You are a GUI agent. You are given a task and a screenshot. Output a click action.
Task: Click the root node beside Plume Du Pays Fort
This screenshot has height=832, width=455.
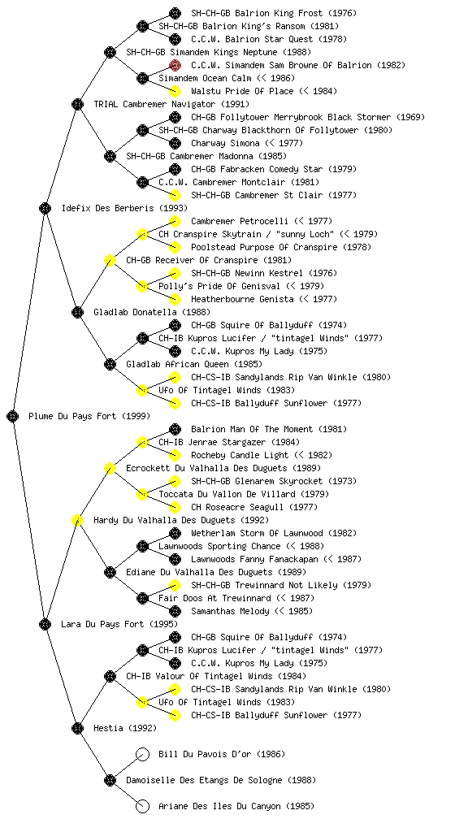pos(13,416)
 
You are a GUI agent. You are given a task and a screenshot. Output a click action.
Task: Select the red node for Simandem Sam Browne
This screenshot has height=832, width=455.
pos(175,65)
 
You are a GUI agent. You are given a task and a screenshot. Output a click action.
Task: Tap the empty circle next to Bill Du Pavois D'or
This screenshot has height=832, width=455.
pos(142,754)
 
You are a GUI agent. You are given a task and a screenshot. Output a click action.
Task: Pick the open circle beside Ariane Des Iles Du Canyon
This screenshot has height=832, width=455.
pos(142,806)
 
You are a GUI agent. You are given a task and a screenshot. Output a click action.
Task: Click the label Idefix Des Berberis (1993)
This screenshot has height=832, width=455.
pos(124,208)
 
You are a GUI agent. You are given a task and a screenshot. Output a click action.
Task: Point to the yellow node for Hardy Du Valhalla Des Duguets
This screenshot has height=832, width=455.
pos(77,520)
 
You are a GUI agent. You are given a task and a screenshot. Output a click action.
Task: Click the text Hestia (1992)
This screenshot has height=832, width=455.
pos(125,728)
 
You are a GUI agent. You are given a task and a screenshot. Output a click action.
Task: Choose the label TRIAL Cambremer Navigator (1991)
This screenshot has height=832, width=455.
pos(171,104)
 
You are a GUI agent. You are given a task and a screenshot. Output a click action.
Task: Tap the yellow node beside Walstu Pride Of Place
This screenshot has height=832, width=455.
pos(175,91)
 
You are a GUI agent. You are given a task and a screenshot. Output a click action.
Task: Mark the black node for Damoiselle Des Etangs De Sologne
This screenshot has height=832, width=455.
pos(110,780)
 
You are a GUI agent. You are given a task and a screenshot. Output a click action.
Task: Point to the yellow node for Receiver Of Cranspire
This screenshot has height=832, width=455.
pos(110,260)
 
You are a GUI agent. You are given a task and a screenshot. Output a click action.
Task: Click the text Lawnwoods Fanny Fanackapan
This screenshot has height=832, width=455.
pos(254,559)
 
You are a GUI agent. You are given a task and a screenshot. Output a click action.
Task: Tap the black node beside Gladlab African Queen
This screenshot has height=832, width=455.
pos(110,364)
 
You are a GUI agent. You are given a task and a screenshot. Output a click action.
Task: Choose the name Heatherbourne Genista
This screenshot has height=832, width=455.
pos(242,299)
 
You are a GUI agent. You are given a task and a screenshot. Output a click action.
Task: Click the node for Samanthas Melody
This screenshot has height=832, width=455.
pos(175,611)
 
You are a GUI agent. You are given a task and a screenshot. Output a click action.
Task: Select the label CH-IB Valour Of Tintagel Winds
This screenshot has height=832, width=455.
pos(199,676)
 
